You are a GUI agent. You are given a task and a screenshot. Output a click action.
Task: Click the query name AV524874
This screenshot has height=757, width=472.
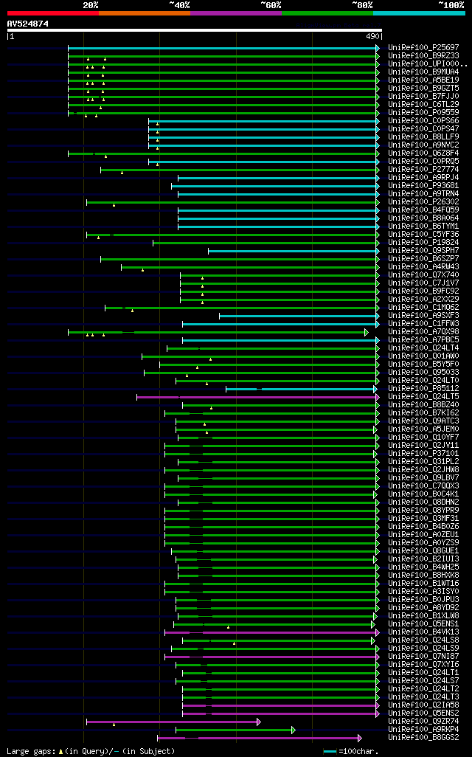tap(28, 24)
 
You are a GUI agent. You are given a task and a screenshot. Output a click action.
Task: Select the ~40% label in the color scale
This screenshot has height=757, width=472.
tap(179, 4)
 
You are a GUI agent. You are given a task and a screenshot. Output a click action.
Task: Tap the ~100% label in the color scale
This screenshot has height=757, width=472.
tap(451, 4)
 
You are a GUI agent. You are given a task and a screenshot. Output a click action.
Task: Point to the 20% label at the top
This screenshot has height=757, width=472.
tap(91, 4)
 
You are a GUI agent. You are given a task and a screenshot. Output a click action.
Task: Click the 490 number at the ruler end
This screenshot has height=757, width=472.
tap(372, 35)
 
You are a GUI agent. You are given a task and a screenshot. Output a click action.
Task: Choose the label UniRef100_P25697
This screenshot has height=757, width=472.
tap(423, 48)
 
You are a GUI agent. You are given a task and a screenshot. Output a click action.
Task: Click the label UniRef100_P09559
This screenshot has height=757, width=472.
tap(423, 113)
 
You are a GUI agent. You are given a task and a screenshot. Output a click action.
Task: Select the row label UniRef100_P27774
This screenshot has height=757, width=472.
tap(423, 170)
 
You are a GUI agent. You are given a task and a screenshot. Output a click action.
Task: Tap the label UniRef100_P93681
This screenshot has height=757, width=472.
tap(423, 186)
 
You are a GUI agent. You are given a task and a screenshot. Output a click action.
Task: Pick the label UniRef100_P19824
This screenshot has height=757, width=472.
tap(423, 243)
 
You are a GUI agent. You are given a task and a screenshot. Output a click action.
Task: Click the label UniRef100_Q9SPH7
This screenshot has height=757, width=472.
tap(423, 251)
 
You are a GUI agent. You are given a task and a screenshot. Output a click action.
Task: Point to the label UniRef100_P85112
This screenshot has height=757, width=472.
tap(423, 389)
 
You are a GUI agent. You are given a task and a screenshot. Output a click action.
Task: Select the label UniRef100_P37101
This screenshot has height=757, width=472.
tap(423, 454)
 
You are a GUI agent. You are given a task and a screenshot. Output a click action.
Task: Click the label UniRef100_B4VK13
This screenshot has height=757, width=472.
tap(423, 632)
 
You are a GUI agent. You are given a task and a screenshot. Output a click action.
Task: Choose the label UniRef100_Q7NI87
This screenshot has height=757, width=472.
tap(423, 657)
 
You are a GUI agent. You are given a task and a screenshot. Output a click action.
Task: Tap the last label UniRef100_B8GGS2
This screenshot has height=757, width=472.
tap(423, 738)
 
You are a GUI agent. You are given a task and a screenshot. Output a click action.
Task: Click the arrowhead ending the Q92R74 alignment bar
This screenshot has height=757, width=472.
tap(258, 722)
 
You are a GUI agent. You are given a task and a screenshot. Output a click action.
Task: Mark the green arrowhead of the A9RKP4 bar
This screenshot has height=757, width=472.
tap(293, 730)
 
